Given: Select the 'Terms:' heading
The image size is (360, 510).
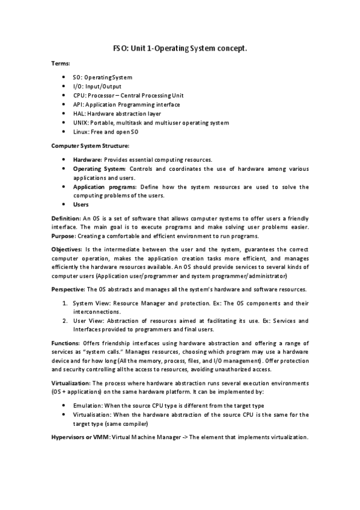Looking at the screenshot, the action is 61,63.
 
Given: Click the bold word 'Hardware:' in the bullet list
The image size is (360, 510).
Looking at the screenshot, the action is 87,160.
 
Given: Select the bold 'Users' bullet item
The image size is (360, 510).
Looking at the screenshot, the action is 81,204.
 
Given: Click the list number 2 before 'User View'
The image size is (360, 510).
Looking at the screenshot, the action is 66,321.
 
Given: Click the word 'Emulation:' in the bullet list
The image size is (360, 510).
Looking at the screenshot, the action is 88,406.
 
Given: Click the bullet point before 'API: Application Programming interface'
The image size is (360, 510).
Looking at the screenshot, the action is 64,104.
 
